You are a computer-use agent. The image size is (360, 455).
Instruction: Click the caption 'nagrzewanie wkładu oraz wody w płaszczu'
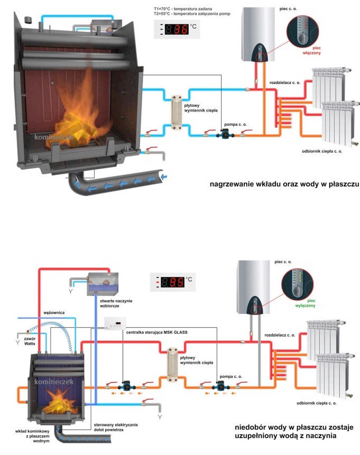277,184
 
